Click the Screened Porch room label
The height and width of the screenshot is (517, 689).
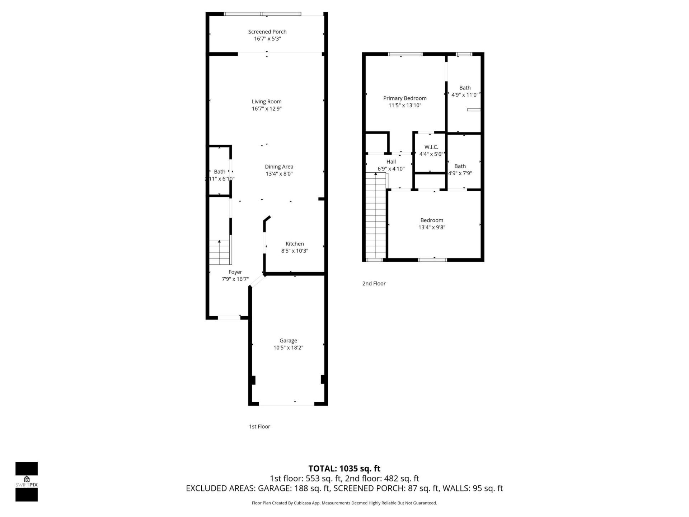[267, 32]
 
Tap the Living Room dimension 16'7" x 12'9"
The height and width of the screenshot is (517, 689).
[267, 109]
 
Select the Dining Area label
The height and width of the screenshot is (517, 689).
[279, 167]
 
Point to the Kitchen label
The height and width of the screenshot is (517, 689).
[295, 244]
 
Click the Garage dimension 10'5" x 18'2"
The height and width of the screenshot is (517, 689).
[288, 348]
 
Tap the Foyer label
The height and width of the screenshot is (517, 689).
[235, 272]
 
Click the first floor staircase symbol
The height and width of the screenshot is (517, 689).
[220, 252]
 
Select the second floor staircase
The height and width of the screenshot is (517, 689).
[375, 215]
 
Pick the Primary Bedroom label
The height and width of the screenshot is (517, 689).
[405, 98]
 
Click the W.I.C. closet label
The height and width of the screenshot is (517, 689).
[431, 147]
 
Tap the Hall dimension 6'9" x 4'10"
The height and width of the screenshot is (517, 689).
[391, 169]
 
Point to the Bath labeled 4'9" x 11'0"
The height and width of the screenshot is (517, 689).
[465, 88]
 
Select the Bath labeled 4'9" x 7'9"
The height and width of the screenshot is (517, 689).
[460, 166]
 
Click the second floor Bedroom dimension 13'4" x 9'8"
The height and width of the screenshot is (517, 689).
[432, 227]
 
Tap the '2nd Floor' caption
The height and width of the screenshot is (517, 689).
[374, 284]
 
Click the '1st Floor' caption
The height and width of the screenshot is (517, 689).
[259, 427]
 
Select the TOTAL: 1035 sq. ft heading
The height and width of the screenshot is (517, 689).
[344, 469]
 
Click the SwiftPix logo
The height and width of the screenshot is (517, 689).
[27, 481]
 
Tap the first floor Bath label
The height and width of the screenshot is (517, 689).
[220, 172]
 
